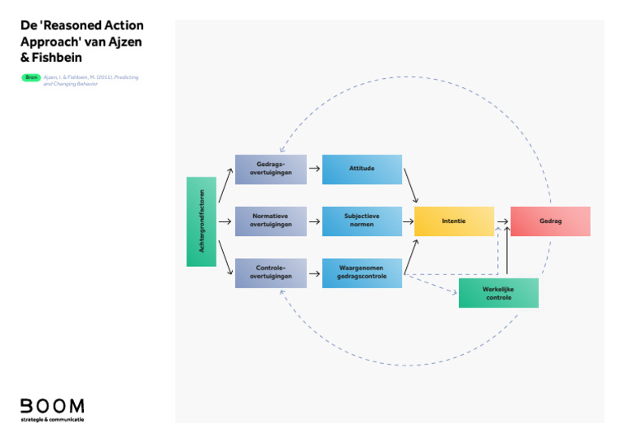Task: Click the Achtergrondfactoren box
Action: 201,221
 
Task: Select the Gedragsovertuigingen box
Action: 271,169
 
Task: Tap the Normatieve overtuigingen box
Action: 271,221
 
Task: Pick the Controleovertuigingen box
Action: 271,274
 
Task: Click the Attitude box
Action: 362,169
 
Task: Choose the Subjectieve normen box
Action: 362,221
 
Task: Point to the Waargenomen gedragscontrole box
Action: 362,274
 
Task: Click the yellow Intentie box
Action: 454,221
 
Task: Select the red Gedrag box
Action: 550,221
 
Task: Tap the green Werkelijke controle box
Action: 498,293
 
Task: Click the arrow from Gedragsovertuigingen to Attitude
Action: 314,169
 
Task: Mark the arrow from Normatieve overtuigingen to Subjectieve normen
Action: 314,221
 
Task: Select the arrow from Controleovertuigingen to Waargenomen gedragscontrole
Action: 314,274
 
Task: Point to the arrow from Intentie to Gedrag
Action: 502,221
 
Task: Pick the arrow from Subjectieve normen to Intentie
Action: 408,221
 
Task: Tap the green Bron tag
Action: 31,77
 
